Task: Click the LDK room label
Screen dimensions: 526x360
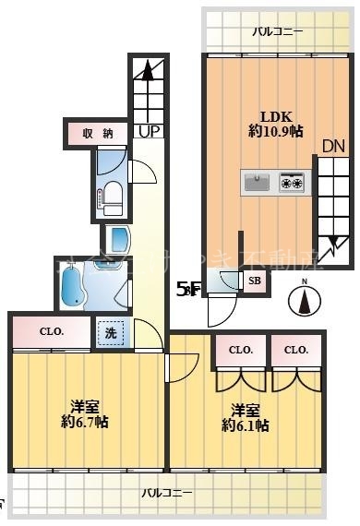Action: (x=275, y=116)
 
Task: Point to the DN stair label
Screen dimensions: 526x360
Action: (x=332, y=146)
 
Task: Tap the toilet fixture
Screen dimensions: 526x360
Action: (x=110, y=193)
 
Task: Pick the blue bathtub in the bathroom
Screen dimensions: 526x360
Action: (x=72, y=287)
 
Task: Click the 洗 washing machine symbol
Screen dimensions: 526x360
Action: (x=110, y=332)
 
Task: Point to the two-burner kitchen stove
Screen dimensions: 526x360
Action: (x=292, y=182)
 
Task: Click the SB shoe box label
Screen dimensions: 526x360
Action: (x=254, y=281)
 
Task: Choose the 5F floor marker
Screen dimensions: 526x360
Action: (x=186, y=289)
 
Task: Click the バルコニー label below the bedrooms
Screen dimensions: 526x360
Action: (x=167, y=494)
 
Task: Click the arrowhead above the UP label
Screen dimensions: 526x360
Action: (x=146, y=69)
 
